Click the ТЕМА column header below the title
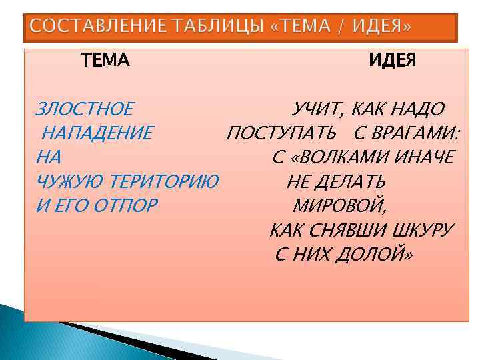click(105, 61)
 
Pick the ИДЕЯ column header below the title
click(393, 61)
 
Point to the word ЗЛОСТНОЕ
click(84, 109)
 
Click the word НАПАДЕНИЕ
click(97, 133)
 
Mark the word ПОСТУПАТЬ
click(281, 133)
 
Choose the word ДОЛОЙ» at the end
click(377, 254)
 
